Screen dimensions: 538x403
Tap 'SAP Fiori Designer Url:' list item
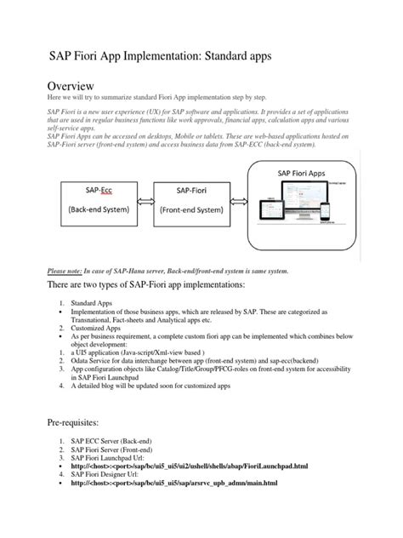pos(111,475)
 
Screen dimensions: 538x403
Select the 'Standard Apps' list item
pos(90,303)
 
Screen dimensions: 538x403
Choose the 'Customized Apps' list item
pos(94,326)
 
